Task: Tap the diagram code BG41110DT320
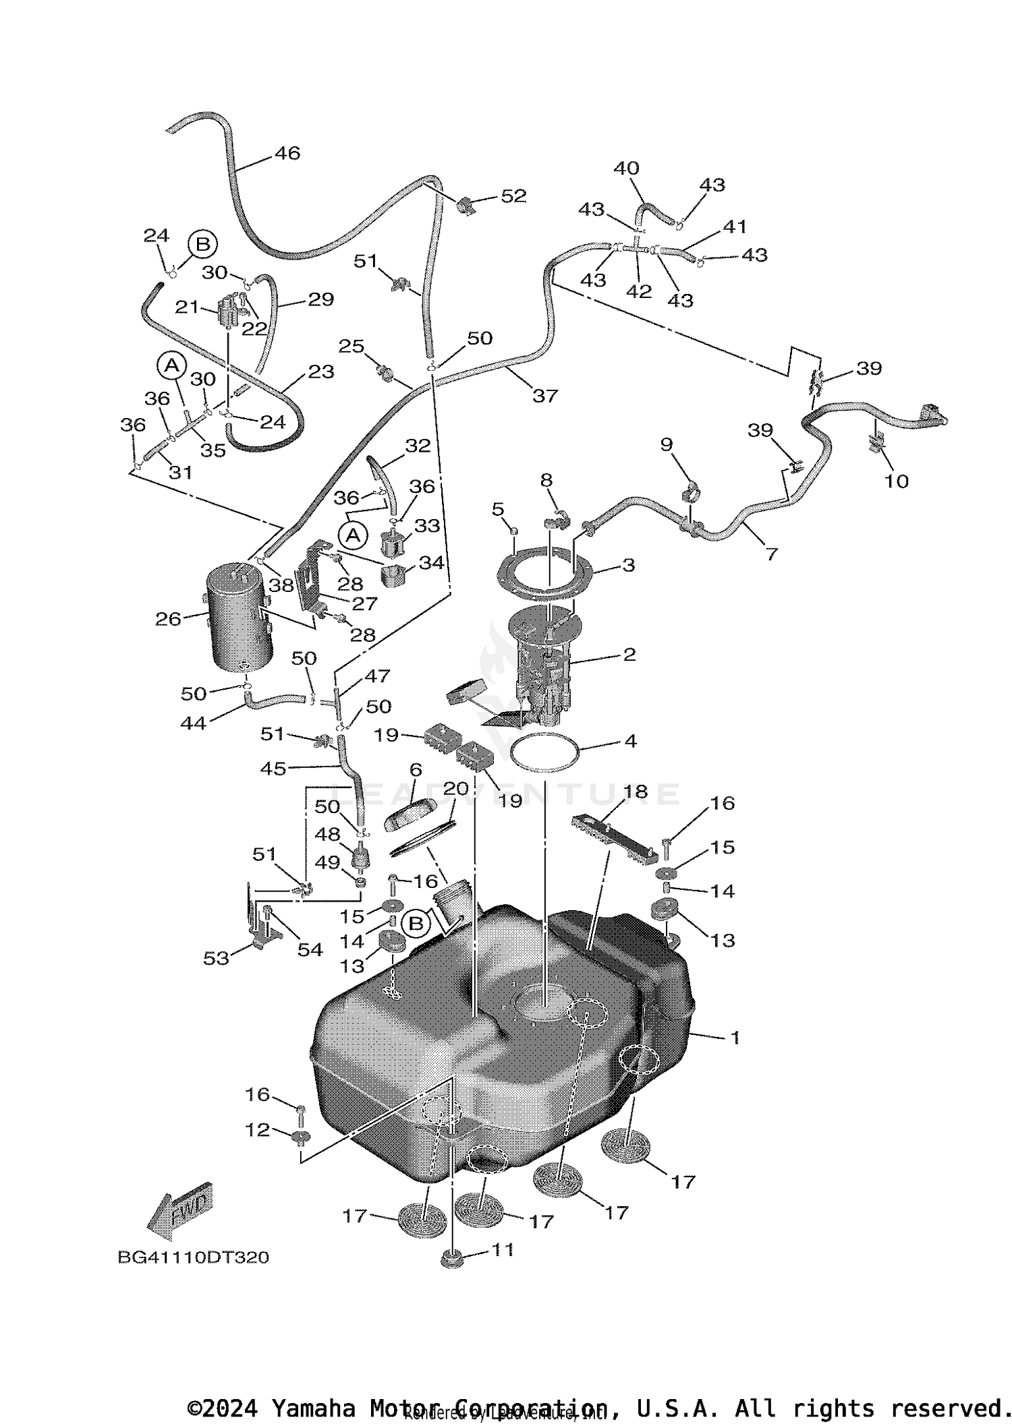tap(194, 1257)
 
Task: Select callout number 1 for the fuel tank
tap(735, 1038)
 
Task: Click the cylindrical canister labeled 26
tap(239, 617)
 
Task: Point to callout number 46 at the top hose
tap(287, 154)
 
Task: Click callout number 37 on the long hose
tap(545, 396)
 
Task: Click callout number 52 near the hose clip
tap(513, 196)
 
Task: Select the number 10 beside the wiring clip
tap(897, 481)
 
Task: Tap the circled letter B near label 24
tap(202, 244)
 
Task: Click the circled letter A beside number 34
tap(352, 536)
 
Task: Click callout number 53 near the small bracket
tap(217, 958)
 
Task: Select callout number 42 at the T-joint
tap(639, 291)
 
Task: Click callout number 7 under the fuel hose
tap(772, 554)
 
